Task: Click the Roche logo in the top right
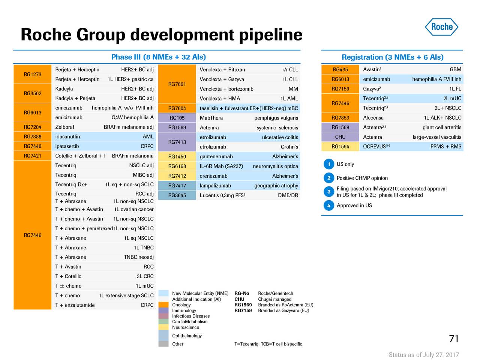(x=441, y=27)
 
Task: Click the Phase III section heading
(x=158, y=57)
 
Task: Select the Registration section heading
(x=392, y=57)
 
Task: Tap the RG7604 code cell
(x=177, y=108)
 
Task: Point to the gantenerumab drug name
(x=216, y=156)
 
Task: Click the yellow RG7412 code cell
(x=177, y=176)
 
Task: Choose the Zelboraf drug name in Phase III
(x=65, y=127)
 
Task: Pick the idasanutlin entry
(x=67, y=137)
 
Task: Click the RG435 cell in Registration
(x=340, y=69)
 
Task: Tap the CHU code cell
(x=340, y=137)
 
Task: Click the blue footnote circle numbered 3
(x=328, y=192)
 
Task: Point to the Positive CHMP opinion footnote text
(x=362, y=178)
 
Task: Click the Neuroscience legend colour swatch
(x=163, y=327)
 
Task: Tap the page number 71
(x=454, y=339)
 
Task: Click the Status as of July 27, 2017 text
(x=423, y=355)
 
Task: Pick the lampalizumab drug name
(x=215, y=186)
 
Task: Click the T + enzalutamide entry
(x=75, y=305)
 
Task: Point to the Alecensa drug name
(x=373, y=118)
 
